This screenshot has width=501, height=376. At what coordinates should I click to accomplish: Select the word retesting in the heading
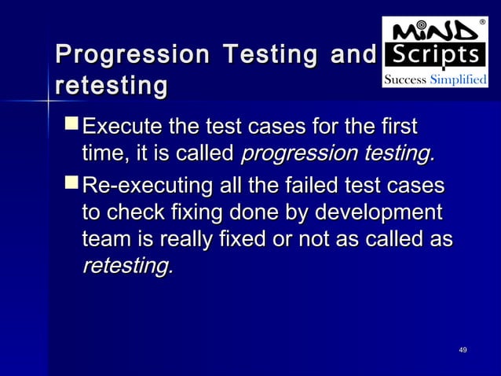[110, 86]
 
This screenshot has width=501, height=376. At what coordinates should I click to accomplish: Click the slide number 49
[463, 348]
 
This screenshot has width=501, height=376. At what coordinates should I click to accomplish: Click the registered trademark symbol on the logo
[481, 23]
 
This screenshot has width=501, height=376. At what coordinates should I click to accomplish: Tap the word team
[104, 240]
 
